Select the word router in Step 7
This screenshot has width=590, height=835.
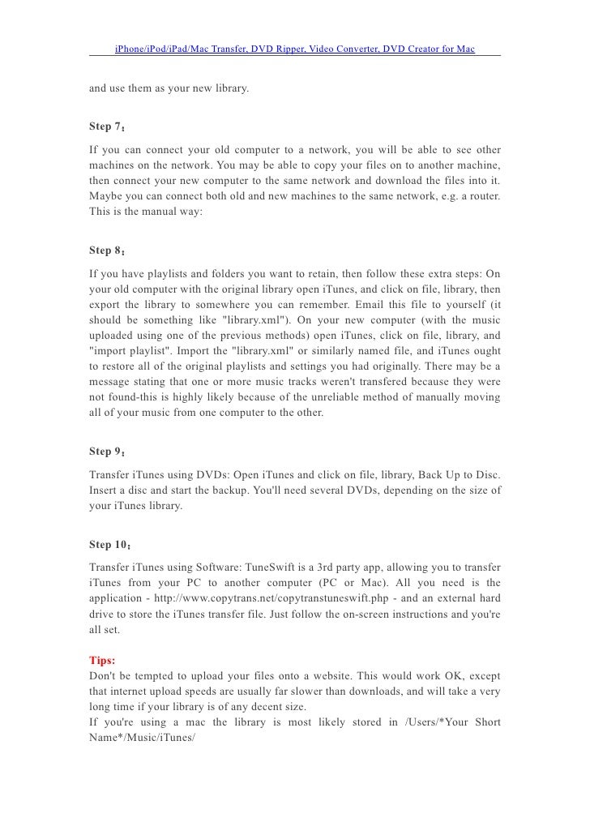pos(482,198)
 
